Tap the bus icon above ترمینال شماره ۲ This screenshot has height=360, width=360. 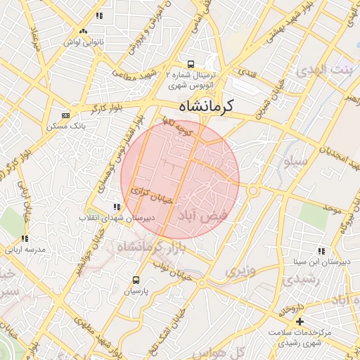coord(191,63)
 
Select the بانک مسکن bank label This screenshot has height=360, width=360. coord(65,126)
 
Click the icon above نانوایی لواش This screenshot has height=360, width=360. coord(84,32)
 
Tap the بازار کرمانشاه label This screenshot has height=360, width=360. coord(147,248)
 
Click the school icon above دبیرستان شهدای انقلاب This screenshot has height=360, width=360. coord(116,207)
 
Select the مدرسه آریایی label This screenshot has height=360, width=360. coord(25,250)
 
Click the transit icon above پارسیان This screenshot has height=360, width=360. coord(137,278)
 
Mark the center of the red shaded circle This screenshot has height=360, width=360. coord(180,179)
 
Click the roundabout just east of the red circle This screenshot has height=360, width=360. coord(253,191)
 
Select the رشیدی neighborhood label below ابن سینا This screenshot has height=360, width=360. coord(304,279)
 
